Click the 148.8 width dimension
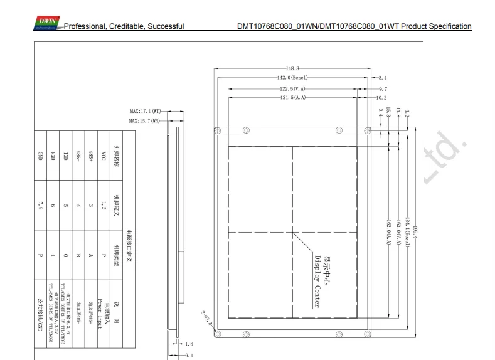point(292,68)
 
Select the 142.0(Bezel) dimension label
point(294,78)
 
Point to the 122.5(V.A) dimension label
point(293,89)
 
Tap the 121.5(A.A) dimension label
point(293,98)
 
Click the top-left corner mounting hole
point(218,130)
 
